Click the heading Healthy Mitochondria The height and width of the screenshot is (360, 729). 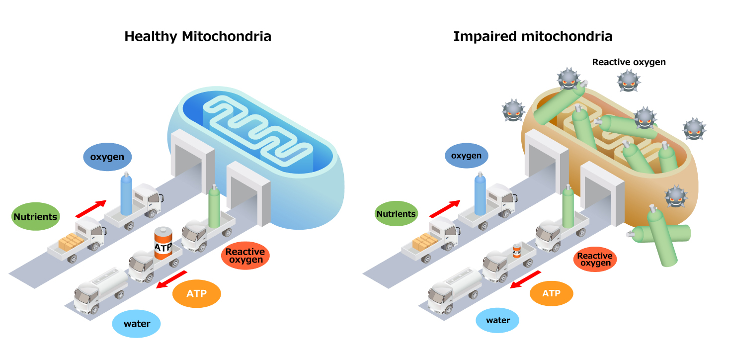pos(198,36)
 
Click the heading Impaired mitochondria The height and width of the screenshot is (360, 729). pos(532,36)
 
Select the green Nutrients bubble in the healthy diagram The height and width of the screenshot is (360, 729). pos(35,217)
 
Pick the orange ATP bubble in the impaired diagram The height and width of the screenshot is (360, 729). pos(551,293)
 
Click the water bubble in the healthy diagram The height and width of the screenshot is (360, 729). pos(137,324)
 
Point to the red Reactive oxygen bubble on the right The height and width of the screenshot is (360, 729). pos(594,259)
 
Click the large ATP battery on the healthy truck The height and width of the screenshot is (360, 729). pos(162,244)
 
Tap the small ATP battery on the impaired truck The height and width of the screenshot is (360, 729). pos(517,251)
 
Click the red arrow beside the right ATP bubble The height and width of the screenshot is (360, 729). pos(526,279)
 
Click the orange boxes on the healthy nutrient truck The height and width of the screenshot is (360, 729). pos(72,242)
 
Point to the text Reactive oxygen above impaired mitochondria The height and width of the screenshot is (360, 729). pos(629,62)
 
